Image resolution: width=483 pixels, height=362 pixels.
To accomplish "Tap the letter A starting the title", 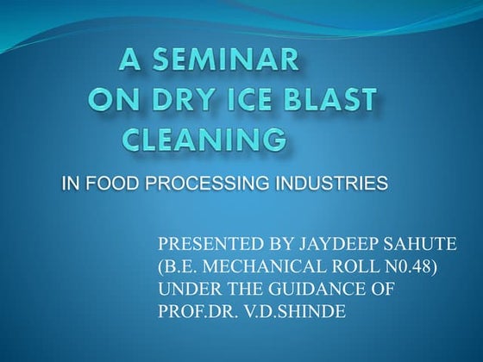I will (x=132, y=60).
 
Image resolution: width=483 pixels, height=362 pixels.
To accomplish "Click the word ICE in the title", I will (x=272, y=100).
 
